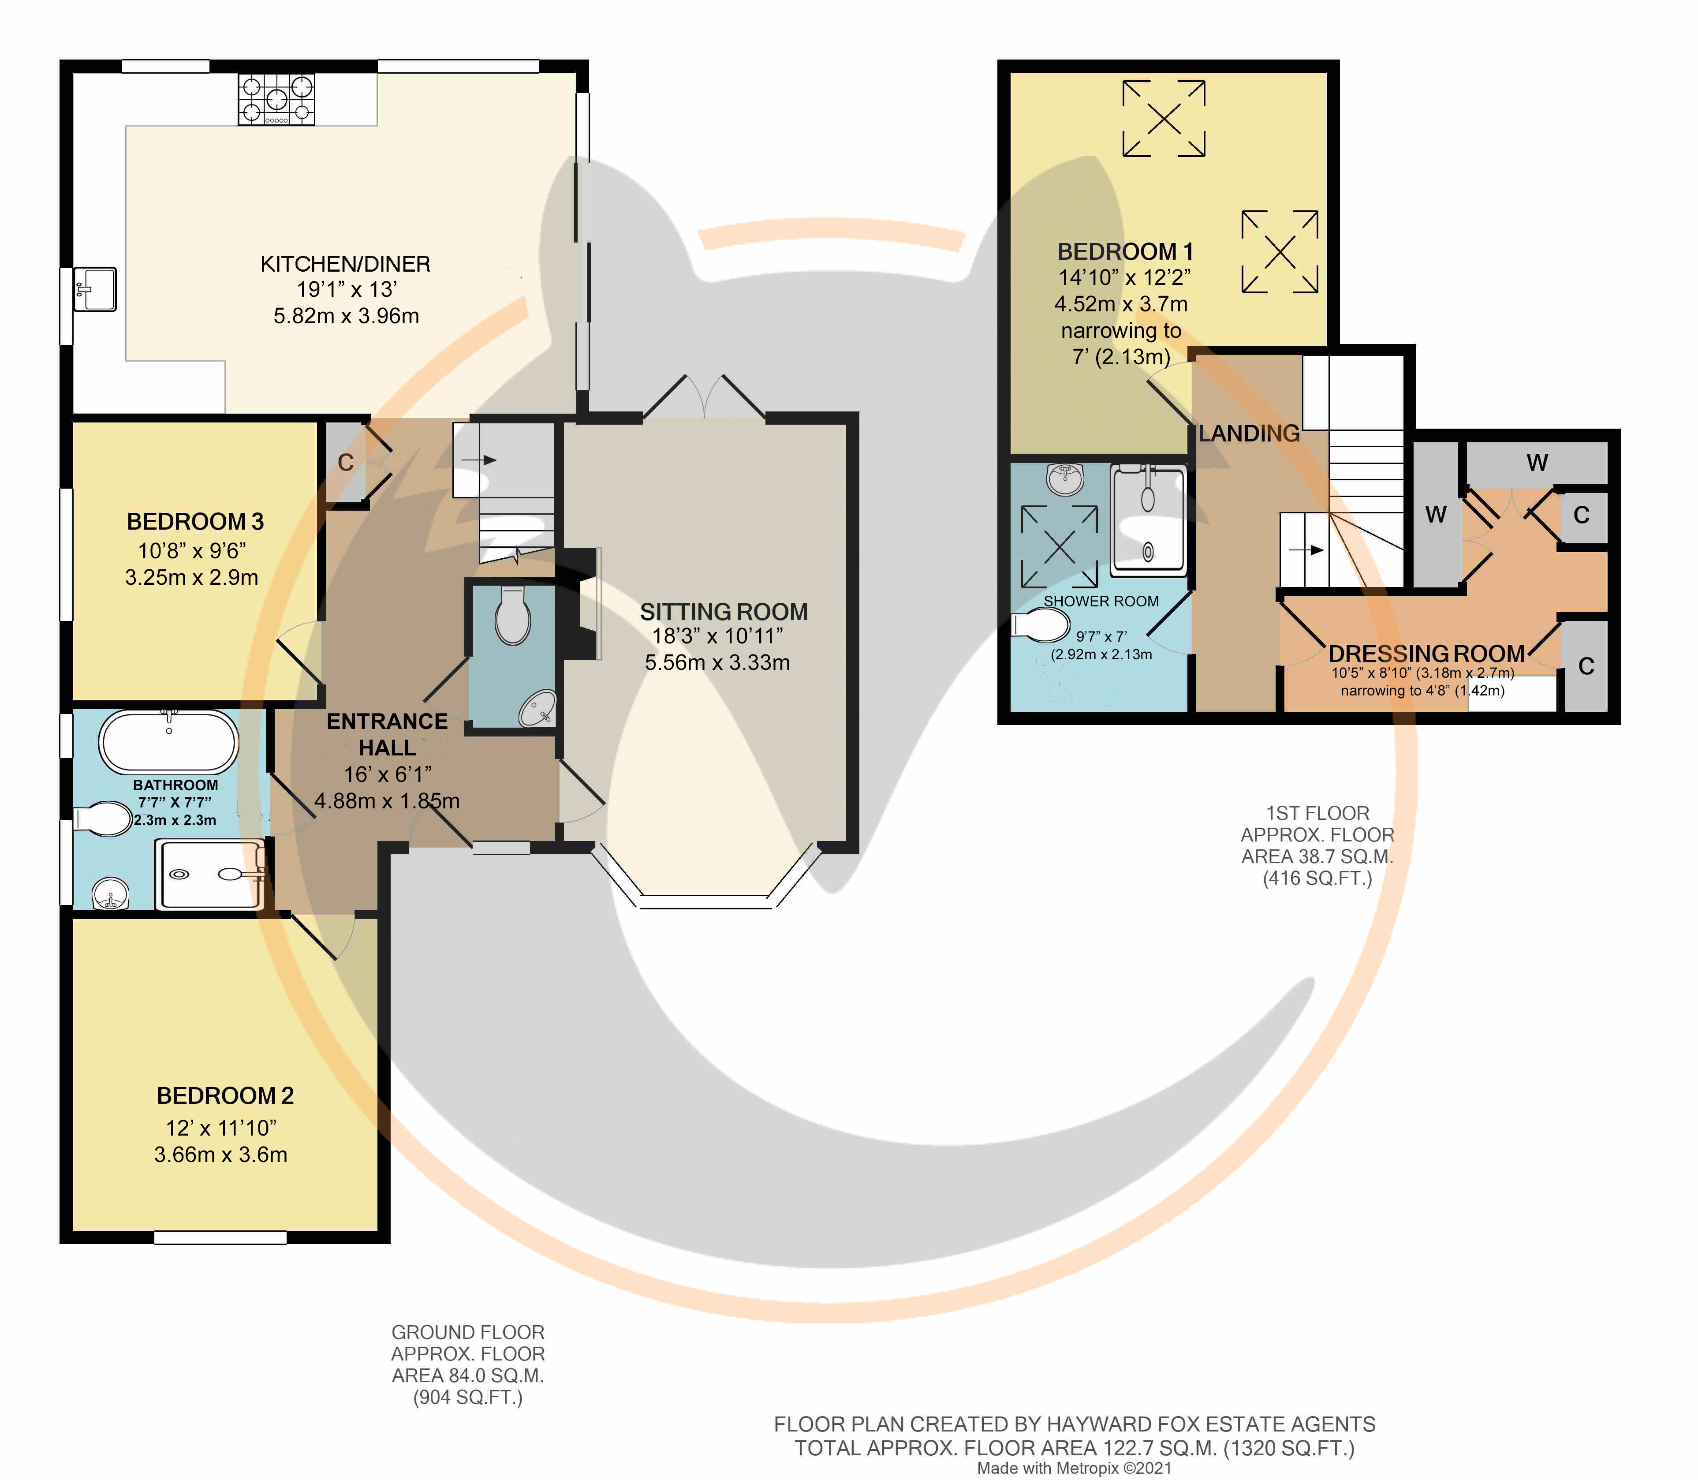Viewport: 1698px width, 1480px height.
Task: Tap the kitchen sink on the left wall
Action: (x=94, y=288)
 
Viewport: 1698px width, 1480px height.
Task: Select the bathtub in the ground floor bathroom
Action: (x=168, y=741)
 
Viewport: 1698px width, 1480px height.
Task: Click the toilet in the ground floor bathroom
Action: (x=102, y=819)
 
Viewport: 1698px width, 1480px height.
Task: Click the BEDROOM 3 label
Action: (x=195, y=522)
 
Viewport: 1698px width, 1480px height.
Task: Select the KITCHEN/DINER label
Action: (x=345, y=264)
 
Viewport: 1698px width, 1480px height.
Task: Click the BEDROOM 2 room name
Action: (x=225, y=1096)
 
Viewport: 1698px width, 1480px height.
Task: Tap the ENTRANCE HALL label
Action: (x=387, y=734)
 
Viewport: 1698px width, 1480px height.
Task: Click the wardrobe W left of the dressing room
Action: (x=1436, y=515)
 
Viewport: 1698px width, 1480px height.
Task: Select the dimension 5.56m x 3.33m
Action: (x=718, y=662)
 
